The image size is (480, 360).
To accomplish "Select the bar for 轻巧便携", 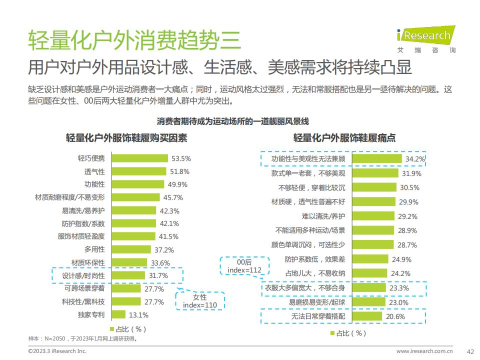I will click(x=139, y=158).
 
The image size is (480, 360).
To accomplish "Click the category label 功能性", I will click(x=94, y=184).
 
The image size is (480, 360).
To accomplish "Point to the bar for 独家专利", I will click(x=118, y=314).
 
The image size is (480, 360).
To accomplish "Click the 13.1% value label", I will click(x=138, y=315).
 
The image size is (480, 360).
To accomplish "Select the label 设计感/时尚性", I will click(x=83, y=275).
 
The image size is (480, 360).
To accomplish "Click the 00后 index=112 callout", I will click(x=244, y=265).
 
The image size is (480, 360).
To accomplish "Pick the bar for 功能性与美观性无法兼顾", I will click(x=377, y=159).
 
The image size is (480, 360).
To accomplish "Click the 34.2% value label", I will click(x=415, y=159).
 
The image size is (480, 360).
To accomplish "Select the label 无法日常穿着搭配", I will click(x=318, y=316).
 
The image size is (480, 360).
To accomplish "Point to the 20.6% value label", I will click(x=395, y=316).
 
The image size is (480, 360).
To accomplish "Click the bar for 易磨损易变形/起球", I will click(x=368, y=302).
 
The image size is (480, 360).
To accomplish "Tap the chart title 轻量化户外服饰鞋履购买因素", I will click(x=126, y=138).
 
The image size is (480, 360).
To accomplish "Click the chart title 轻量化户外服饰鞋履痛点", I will click(x=344, y=138).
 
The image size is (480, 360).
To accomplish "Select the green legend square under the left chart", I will click(x=111, y=329).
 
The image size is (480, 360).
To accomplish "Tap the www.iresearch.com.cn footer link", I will click(x=424, y=351).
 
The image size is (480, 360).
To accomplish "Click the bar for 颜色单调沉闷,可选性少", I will click(x=373, y=245).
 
